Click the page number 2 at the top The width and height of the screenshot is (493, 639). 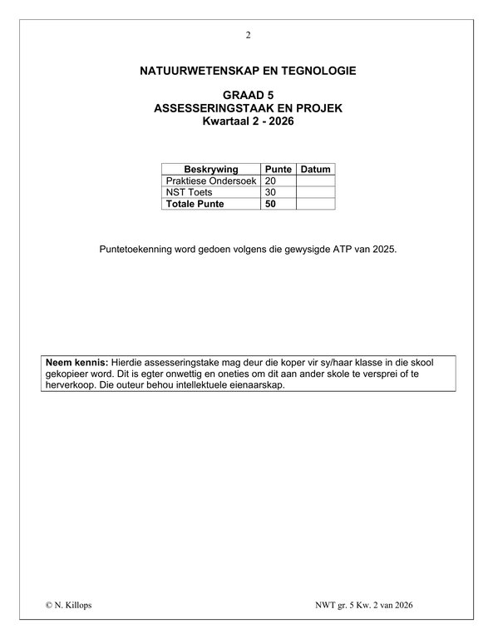pyautogui.click(x=247, y=35)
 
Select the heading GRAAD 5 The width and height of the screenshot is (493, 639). pyautogui.click(x=248, y=96)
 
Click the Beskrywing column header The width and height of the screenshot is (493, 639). pyautogui.click(x=211, y=169)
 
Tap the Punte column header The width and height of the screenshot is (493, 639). pyautogui.click(x=278, y=169)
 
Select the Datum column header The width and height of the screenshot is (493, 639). pyautogui.click(x=315, y=169)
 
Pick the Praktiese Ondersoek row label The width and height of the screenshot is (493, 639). pyautogui.click(x=211, y=181)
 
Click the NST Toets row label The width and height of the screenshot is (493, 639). pyautogui.click(x=190, y=192)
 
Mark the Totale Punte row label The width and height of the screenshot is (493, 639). pyautogui.click(x=195, y=204)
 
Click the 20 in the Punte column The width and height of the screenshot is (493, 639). pyautogui.click(x=269, y=181)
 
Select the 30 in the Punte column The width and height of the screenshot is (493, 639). pyautogui.click(x=269, y=192)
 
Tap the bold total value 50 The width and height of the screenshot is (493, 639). pyautogui.click(x=269, y=204)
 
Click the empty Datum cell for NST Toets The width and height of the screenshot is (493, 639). pyautogui.click(x=315, y=192)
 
